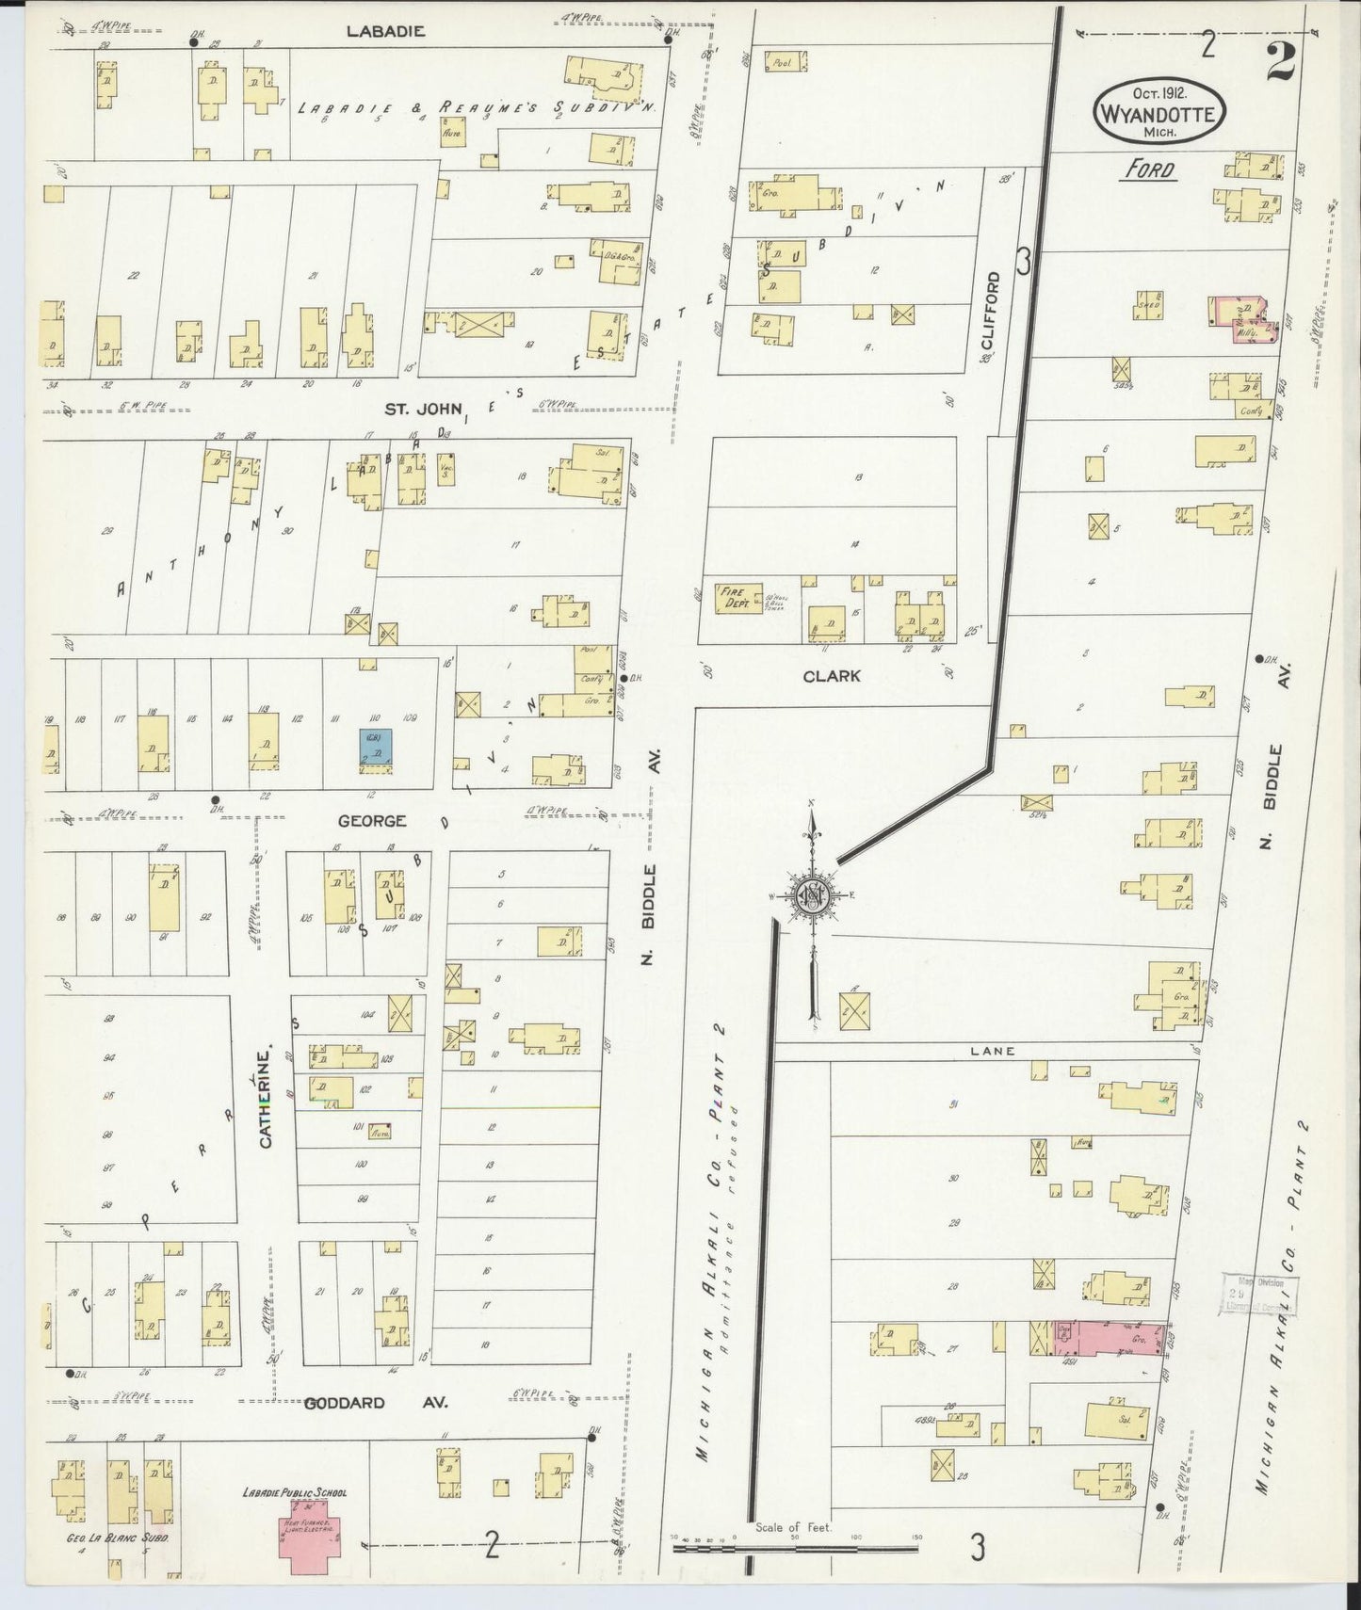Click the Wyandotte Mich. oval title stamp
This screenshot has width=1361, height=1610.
[x=1158, y=112]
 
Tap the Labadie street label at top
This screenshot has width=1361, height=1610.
[x=385, y=30]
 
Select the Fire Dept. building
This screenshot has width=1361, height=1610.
[x=733, y=598]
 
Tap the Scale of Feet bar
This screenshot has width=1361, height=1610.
[x=796, y=1546]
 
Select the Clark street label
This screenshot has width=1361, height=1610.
[x=832, y=676]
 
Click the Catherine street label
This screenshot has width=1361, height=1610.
[x=266, y=1097]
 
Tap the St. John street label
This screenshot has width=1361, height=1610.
[x=417, y=409]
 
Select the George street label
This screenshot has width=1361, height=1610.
[x=372, y=821]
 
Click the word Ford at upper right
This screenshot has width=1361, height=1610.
[x=1150, y=169]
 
